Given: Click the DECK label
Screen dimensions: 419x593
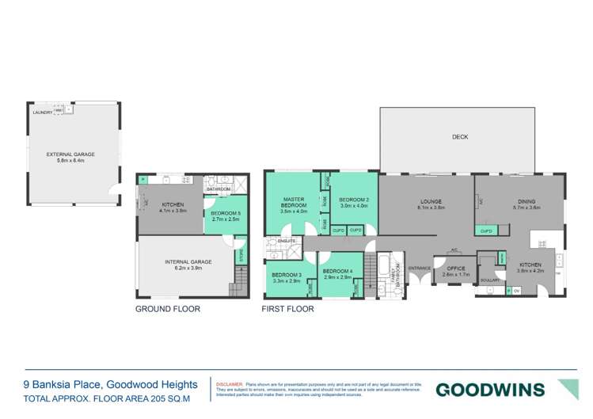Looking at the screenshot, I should coord(460,137).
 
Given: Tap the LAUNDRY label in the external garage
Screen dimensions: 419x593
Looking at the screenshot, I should coord(43,112).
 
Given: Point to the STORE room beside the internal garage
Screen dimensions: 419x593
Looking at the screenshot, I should coord(241,254).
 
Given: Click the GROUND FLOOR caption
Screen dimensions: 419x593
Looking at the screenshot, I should coord(167,309).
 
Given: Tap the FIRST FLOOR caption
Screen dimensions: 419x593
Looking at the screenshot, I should coord(287,309).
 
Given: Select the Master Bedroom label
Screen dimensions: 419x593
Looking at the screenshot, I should coord(293,202).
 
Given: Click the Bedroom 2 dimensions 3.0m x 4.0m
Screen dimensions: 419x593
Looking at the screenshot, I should coord(354,206).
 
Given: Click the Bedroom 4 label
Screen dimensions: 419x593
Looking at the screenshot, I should coord(338,272).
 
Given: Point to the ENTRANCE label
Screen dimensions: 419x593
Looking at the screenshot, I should coord(419,268).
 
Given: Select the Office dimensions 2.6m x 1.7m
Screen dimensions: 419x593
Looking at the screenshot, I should coord(455,274).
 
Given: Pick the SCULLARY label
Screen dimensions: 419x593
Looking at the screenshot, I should coord(488,280).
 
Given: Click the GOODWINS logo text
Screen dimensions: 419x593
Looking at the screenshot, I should coord(490,389).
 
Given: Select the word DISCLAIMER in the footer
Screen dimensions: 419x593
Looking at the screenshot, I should coord(230,382).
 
